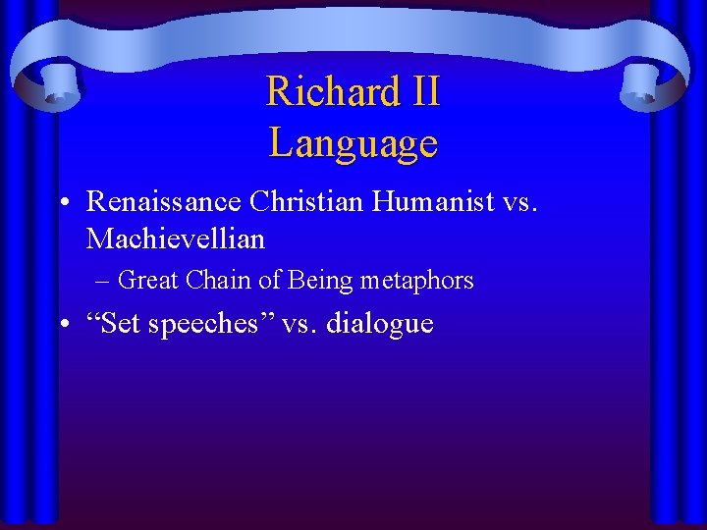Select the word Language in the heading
pos(353,143)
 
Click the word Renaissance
pos(164,201)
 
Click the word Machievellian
pos(176,238)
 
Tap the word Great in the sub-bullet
pos(147,281)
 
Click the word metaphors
pos(416,281)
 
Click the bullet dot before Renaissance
pos(62,202)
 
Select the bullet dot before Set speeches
pos(62,325)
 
